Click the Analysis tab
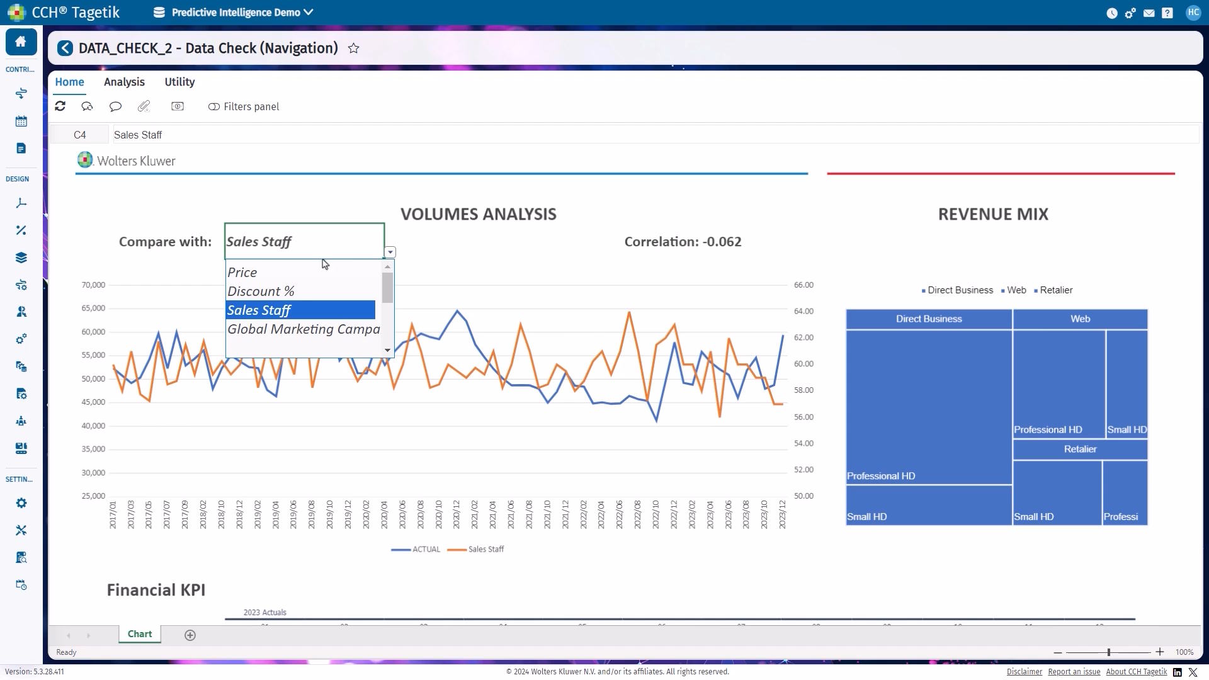124,82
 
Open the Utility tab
179,82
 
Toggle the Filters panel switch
214,107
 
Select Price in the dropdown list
242,273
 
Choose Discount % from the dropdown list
261,292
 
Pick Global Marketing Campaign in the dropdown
303,329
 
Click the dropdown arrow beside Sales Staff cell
390,252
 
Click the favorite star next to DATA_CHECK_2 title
354,48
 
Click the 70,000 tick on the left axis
93,285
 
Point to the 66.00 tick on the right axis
803,285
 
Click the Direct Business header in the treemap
929,319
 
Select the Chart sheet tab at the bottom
140,634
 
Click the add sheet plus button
190,635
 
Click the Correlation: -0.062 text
683,242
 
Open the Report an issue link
1074,672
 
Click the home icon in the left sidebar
21,42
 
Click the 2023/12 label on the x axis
783,514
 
